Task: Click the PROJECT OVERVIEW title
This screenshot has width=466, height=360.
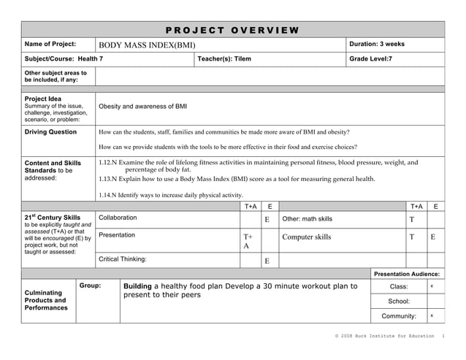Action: pos(232,30)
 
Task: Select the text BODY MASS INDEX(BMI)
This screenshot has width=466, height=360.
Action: pos(147,45)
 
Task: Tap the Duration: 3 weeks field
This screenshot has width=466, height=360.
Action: pos(377,45)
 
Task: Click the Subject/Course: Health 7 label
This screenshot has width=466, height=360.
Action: pos(64,59)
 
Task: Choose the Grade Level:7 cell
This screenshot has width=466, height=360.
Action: pos(370,59)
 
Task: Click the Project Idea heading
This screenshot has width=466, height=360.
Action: pos(43,99)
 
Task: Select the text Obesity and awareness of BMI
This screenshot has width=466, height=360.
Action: pos(142,107)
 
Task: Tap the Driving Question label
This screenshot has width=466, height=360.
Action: pos(50,132)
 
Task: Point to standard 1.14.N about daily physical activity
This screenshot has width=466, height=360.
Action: pos(170,195)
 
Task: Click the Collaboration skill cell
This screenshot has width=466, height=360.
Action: pos(118,218)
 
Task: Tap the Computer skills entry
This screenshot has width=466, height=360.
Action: pos(306,237)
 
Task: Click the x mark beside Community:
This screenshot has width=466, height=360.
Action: pos(432,315)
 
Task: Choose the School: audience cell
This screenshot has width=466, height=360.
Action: pos(399,301)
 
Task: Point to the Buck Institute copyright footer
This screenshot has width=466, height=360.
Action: pos(385,336)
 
